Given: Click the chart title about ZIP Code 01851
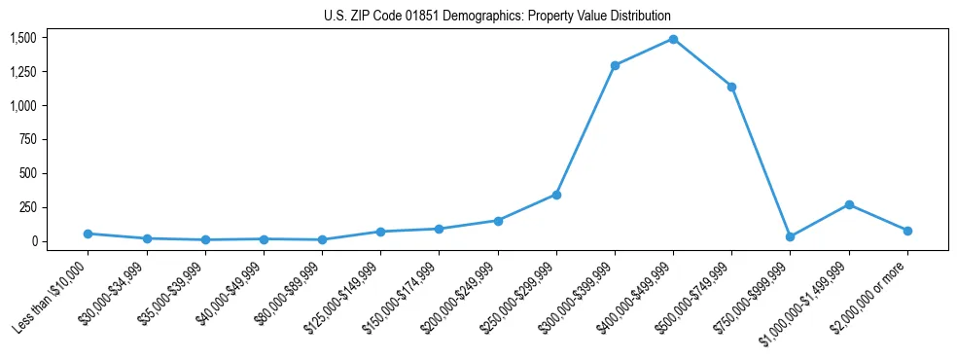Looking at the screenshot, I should coord(497,17).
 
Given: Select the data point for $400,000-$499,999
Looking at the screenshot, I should coord(673,39).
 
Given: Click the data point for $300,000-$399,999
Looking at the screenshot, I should coord(615,65).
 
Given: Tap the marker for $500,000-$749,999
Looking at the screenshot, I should coord(731,87).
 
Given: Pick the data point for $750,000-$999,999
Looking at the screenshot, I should coord(790,236).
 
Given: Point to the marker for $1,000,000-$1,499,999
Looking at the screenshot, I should coord(849,204).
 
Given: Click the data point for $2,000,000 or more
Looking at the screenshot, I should coord(907,231).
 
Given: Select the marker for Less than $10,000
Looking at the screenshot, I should coord(88,234).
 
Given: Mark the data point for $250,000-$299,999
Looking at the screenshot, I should coord(556,195).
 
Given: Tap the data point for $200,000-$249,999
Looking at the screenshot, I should coord(498,221).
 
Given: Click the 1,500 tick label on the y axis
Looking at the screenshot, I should coord(23,38).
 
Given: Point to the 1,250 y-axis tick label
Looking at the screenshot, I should coord(23,72).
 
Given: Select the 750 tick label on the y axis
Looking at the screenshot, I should coord(28,139).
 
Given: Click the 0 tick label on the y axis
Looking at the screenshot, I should coord(34,241).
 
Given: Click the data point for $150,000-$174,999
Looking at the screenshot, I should coord(439,229).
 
